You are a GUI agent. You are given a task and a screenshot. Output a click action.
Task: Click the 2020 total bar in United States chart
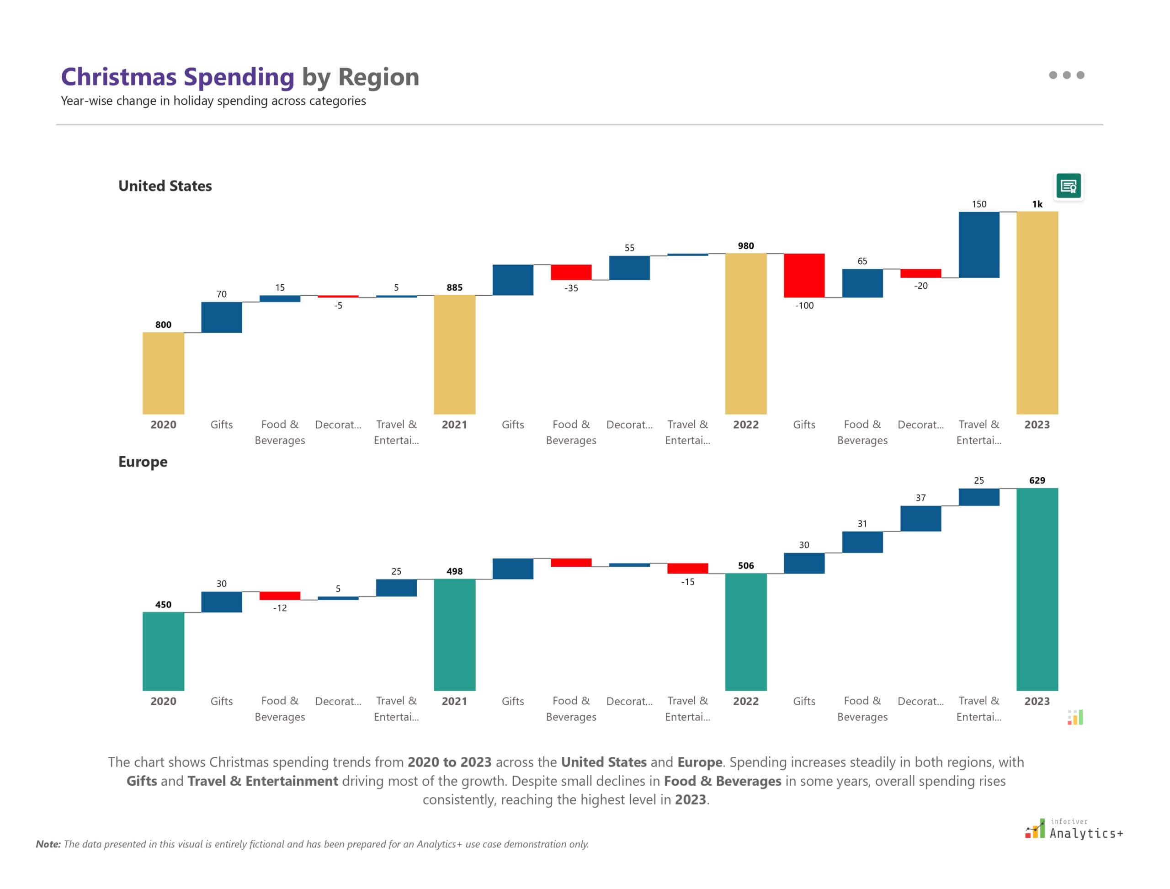pos(163,373)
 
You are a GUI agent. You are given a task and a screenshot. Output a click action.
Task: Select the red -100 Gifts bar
pos(804,275)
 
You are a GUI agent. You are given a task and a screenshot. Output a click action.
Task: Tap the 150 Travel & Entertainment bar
pos(979,245)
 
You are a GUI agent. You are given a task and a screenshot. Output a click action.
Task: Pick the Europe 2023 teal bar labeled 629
pos(1037,589)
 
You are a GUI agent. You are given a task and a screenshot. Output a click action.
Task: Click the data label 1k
pos(1037,204)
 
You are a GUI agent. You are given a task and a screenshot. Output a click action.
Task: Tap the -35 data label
pos(571,288)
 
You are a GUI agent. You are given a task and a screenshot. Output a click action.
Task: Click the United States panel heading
pos(165,186)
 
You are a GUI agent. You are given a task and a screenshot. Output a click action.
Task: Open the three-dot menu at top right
pos(1066,75)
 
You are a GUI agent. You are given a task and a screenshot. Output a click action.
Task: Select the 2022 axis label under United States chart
pos(745,425)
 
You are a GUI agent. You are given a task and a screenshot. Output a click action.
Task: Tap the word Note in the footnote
pos(48,844)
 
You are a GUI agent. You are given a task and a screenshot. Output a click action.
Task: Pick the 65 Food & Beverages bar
pos(862,283)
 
